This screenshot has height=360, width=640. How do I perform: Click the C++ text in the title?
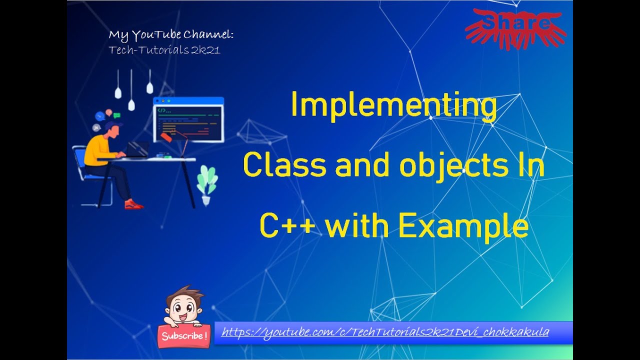pyautogui.click(x=287, y=225)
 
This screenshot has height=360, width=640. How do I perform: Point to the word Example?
pyautogui.click(x=463, y=227)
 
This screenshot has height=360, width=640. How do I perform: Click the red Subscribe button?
pyautogui.click(x=184, y=335)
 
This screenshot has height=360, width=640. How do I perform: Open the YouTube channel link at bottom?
pyautogui.click(x=385, y=332)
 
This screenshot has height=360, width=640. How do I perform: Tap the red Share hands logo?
pyautogui.click(x=515, y=28)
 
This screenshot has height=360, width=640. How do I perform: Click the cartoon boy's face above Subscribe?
pyautogui.click(x=183, y=306)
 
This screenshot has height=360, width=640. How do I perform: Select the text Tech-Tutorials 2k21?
pyautogui.click(x=164, y=50)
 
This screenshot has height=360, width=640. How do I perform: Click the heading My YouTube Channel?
pyautogui.click(x=171, y=35)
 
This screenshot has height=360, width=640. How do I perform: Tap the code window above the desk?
pyautogui.click(x=188, y=119)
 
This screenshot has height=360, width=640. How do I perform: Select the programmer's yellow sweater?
pyautogui.click(x=97, y=151)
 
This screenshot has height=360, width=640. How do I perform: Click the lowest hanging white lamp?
pyautogui.click(x=131, y=104)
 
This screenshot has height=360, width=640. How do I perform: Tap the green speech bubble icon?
pyautogui.click(x=116, y=115)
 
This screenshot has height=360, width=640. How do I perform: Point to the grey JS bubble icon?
pyautogui.click(x=96, y=127)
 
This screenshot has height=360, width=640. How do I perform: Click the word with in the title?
pyautogui.click(x=357, y=225)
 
